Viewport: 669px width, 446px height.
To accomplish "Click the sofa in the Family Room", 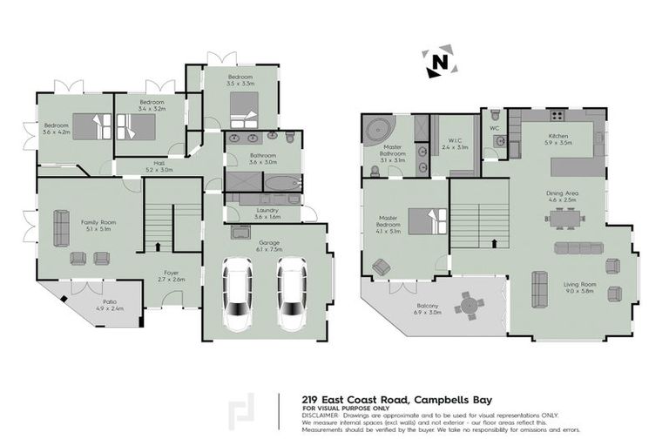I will point(62,227).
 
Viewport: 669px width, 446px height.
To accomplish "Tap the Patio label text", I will point(105,304).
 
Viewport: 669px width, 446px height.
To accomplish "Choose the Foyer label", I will point(172,275).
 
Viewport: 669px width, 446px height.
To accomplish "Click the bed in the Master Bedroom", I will point(421,221).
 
